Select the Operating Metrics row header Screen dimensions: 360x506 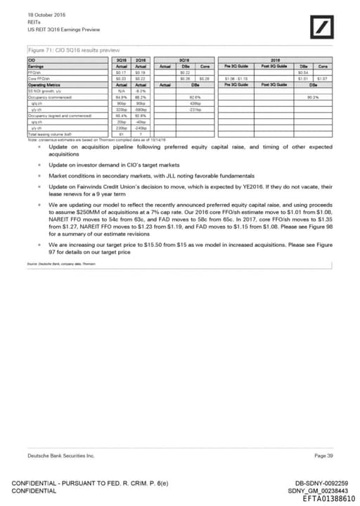44,84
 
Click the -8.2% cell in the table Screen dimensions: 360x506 140,90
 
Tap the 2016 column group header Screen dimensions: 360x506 275,61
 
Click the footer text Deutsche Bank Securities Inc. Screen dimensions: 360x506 60,457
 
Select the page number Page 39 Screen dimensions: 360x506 324,457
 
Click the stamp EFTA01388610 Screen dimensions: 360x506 328,498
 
